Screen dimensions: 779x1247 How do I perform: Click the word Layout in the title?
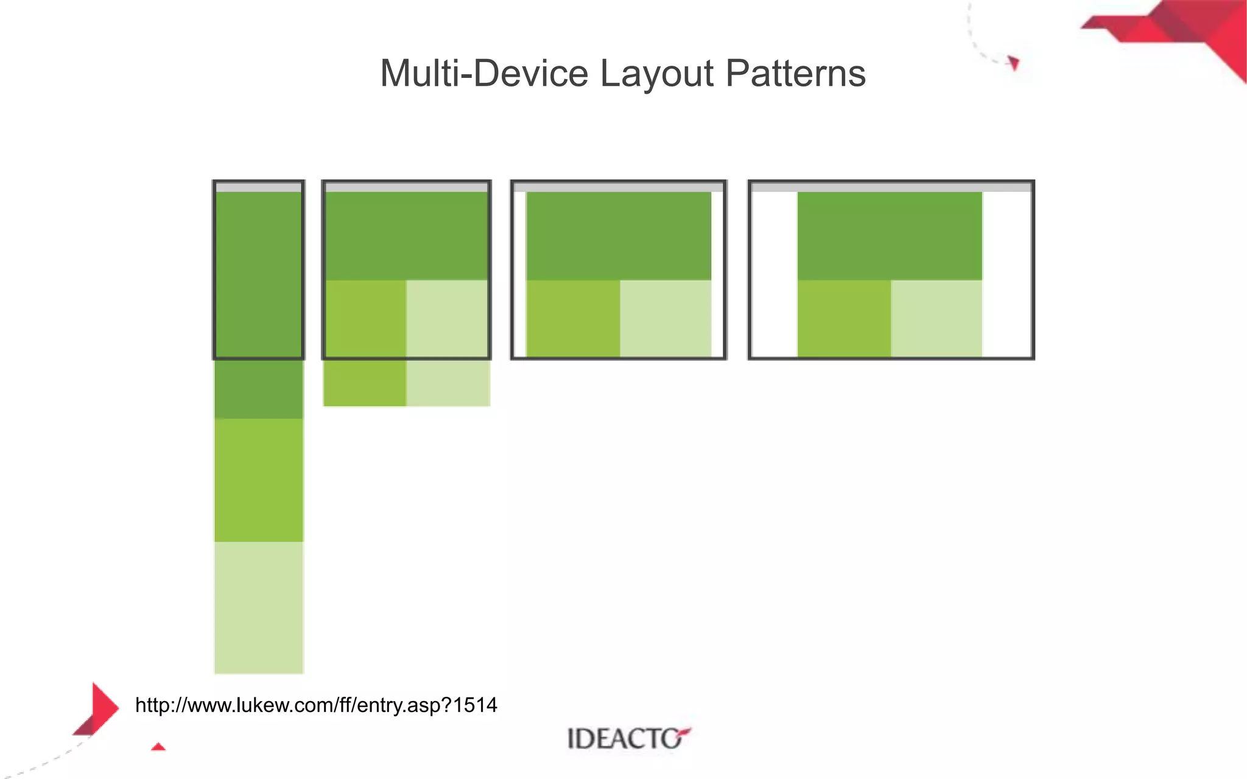click(656, 74)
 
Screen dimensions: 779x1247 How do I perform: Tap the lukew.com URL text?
click(315, 705)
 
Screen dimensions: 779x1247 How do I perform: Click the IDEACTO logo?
click(627, 738)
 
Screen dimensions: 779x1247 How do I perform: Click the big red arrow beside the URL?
click(100, 708)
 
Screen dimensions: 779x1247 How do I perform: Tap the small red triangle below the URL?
click(158, 747)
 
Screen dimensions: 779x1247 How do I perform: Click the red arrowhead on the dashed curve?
click(1013, 63)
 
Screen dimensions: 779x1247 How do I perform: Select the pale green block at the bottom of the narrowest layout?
click(258, 607)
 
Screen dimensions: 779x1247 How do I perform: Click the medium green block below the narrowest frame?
click(258, 480)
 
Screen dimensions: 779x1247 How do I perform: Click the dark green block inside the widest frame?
click(889, 236)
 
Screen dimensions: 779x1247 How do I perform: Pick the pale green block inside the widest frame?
click(936, 318)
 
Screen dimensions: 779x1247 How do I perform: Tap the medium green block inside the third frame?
click(573, 318)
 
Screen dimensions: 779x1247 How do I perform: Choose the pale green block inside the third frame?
click(665, 318)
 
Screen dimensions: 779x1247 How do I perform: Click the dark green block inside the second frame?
click(406, 236)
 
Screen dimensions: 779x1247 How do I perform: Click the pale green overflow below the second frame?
click(448, 383)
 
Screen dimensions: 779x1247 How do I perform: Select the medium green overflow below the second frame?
click(364, 383)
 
